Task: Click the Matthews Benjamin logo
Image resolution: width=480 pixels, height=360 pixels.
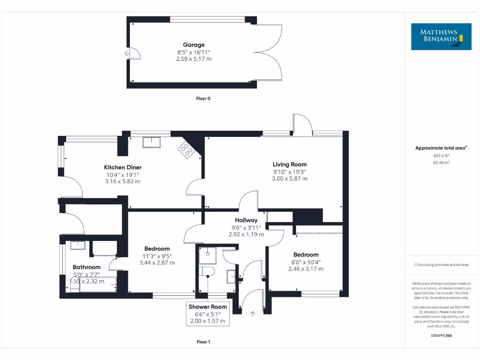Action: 441,37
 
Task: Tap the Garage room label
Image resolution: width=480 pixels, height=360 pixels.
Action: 194,45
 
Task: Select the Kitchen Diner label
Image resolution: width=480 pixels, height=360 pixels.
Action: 122,167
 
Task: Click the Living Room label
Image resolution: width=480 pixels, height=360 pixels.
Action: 290,165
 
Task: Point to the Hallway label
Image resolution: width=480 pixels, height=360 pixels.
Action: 246,220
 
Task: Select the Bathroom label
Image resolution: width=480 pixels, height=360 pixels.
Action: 86,267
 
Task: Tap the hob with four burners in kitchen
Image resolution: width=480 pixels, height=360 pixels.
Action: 186,150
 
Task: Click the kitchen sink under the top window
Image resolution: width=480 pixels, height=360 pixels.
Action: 152,142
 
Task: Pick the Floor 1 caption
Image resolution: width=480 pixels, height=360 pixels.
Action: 203,342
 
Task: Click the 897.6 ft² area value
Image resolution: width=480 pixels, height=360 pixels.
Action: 441,156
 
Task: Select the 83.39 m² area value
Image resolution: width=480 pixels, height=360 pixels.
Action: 441,163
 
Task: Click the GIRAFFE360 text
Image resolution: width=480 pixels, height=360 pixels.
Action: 441,336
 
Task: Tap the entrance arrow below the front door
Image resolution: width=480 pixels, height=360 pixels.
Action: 253,314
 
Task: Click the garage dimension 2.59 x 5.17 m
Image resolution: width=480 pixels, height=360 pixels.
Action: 194,59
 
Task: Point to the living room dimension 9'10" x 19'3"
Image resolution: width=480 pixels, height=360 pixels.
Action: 290,172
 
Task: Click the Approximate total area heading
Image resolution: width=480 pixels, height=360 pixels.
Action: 441,148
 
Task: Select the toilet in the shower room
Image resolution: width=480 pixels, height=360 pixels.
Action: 206,271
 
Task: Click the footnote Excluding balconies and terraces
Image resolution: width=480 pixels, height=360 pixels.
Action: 441,265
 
